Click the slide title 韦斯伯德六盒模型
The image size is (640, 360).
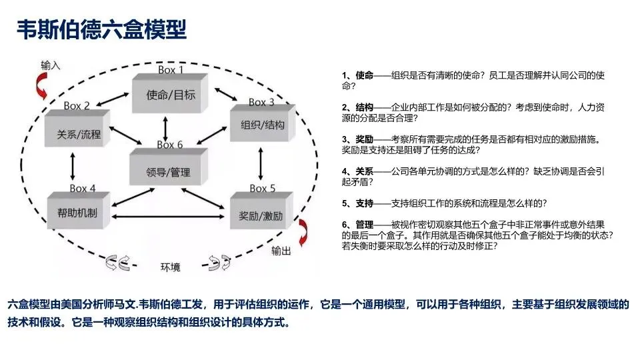(x=102, y=29)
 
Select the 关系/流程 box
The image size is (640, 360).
(x=79, y=134)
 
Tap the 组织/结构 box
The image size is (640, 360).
(x=262, y=124)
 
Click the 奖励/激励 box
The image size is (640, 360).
(x=261, y=216)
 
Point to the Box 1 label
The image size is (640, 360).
(x=171, y=70)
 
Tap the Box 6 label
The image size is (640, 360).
(x=170, y=144)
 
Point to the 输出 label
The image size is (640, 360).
(x=281, y=251)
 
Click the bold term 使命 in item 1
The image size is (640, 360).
(x=364, y=75)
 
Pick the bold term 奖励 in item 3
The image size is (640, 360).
(x=364, y=139)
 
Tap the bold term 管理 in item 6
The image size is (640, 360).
(x=364, y=225)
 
